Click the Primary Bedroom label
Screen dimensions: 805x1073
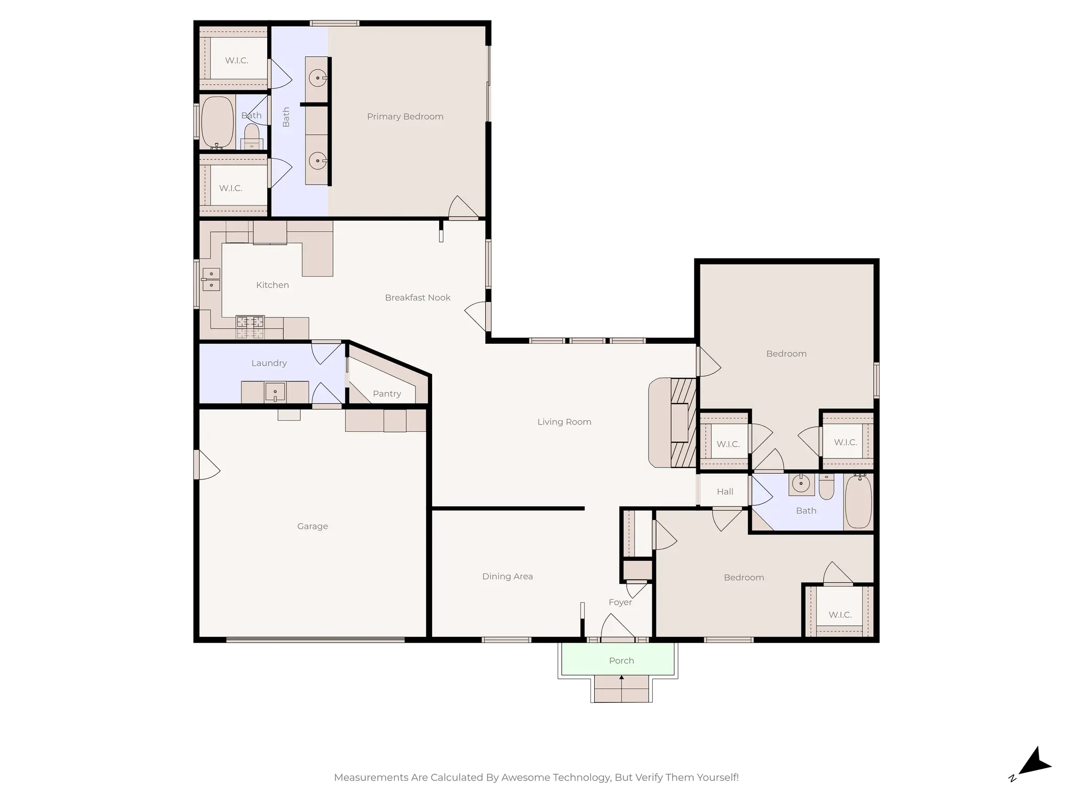pos(405,116)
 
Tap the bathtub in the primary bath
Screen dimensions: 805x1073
pos(217,122)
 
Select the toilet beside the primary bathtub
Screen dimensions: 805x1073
pos(252,136)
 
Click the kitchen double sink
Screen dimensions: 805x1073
pos(211,279)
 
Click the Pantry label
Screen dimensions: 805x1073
pos(387,394)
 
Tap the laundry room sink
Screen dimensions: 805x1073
pos(275,391)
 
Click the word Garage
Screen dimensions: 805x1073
pos(312,526)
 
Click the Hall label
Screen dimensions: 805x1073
pos(725,492)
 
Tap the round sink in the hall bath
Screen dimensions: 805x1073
pos(801,483)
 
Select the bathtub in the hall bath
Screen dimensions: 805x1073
pos(858,502)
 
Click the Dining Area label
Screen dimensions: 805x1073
pos(507,576)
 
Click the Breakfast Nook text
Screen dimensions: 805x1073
pos(418,298)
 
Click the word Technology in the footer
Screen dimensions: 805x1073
pos(582,777)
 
